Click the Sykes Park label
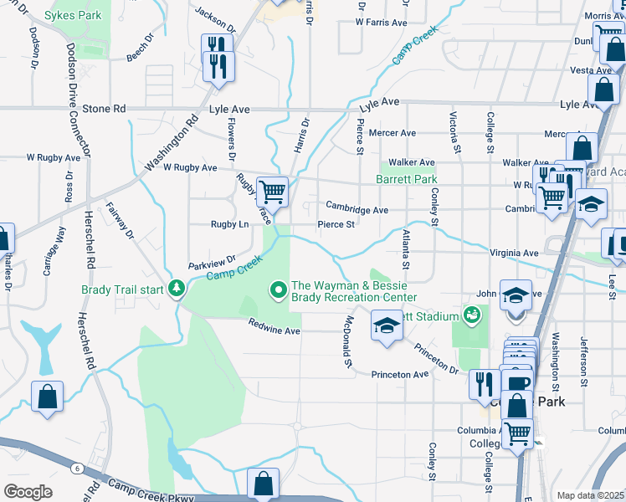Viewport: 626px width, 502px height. click(x=73, y=15)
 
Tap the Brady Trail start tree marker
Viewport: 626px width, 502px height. click(x=177, y=289)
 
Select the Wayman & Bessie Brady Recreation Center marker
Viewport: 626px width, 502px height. click(x=279, y=290)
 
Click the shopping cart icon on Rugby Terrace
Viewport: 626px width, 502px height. click(x=272, y=192)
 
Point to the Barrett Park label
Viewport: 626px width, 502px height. click(x=406, y=179)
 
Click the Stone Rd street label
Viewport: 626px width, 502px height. click(x=105, y=109)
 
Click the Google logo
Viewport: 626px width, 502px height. click(x=28, y=492)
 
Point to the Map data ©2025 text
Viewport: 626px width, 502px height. click(x=590, y=495)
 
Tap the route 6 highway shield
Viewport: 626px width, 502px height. click(x=77, y=468)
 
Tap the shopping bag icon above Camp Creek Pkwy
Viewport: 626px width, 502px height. click(x=264, y=484)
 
